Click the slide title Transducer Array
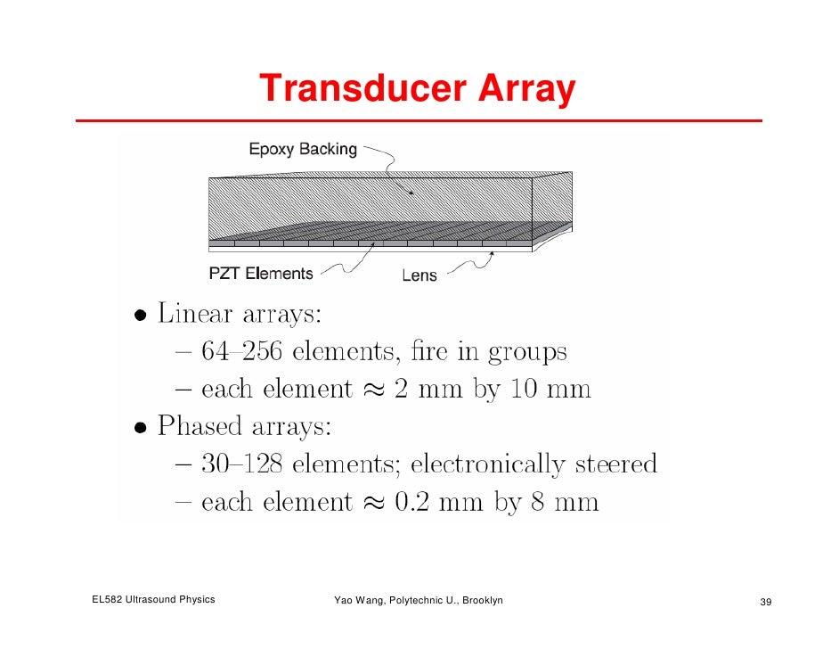(x=417, y=89)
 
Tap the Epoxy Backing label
(x=302, y=150)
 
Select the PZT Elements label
(x=261, y=274)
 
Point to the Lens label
(x=419, y=275)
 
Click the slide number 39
(x=764, y=603)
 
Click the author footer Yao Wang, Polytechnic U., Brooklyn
(x=418, y=600)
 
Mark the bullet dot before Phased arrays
(x=141, y=427)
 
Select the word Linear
(x=196, y=314)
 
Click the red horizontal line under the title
(x=419, y=120)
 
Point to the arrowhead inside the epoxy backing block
(x=411, y=191)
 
